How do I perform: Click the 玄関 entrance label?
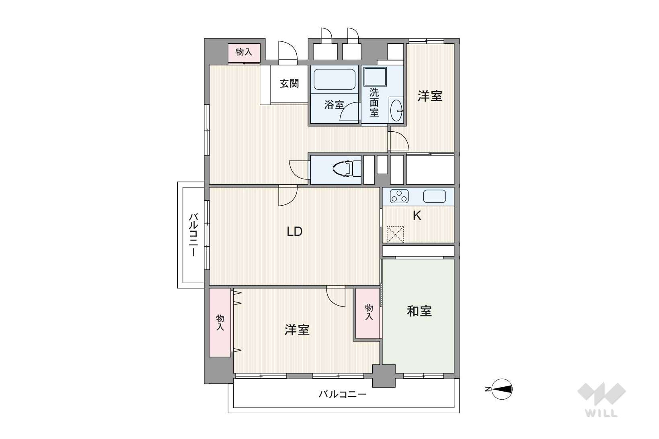click(289, 84)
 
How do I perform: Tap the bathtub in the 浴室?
click(335, 79)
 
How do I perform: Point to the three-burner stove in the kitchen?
click(399, 196)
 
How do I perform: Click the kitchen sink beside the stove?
click(434, 196)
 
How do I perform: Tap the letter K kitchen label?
click(417, 216)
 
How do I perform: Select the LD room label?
click(294, 232)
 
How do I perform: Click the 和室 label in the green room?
click(419, 311)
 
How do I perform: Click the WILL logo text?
click(601, 413)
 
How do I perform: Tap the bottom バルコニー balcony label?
click(343, 394)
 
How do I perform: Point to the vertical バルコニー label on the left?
click(193, 235)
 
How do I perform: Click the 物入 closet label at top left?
click(244, 52)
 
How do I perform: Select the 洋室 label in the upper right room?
click(430, 96)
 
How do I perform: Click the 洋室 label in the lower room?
click(297, 330)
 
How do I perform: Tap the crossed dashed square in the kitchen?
click(395, 234)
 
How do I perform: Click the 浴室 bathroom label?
click(334, 104)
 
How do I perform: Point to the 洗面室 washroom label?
click(374, 102)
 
